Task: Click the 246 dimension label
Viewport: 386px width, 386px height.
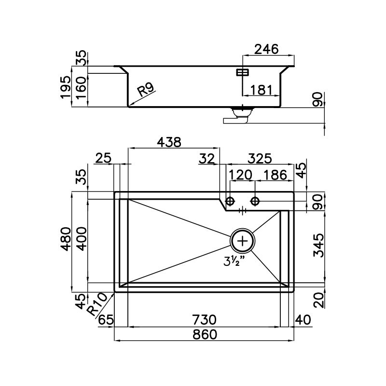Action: (266, 49)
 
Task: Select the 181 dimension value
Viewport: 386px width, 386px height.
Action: (261, 90)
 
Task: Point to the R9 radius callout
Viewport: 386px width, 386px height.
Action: (146, 89)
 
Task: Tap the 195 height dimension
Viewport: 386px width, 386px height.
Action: (66, 87)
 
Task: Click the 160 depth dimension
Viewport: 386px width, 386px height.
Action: (82, 88)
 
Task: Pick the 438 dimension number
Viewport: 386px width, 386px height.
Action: (169, 142)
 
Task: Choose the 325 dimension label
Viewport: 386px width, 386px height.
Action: (260, 159)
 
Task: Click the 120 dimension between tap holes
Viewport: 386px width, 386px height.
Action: (240, 175)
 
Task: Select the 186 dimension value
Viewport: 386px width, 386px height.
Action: (275, 175)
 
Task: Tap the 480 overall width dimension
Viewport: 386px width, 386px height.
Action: (66, 239)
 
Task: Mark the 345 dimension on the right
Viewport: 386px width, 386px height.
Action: (319, 246)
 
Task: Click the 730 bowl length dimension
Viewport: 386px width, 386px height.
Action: (204, 320)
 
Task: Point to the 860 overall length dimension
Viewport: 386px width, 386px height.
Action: (205, 334)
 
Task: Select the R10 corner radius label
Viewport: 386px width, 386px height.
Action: (97, 304)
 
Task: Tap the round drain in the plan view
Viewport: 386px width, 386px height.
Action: (243, 240)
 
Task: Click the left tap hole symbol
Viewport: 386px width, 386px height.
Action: (230, 201)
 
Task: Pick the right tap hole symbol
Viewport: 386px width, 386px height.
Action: (255, 201)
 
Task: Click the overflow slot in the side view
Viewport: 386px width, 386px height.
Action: (243, 72)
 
